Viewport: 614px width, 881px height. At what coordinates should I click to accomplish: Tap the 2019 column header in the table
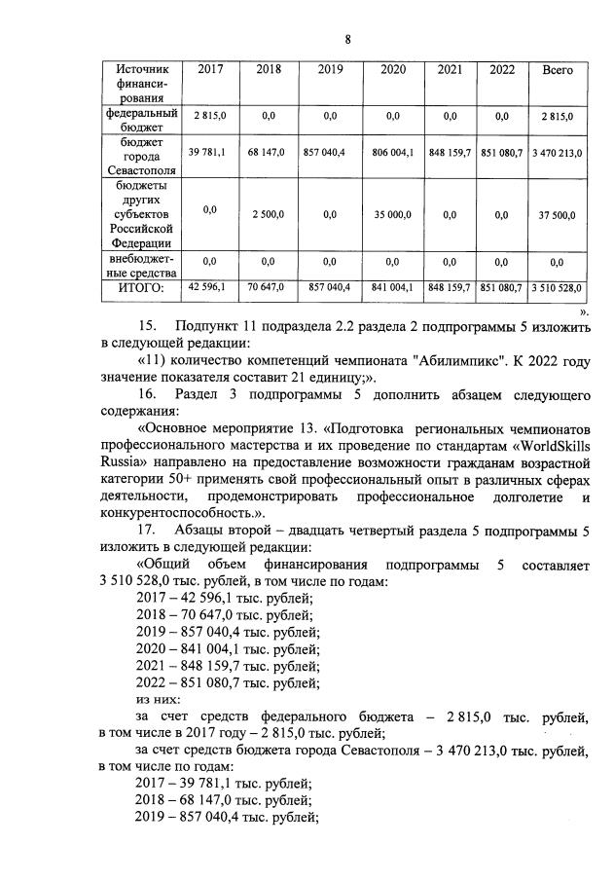[x=331, y=70]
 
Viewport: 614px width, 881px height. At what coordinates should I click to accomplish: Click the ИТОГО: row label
[x=142, y=287]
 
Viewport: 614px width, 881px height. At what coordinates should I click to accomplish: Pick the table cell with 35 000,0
[x=393, y=215]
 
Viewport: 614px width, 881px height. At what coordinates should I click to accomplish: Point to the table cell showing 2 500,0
[x=268, y=215]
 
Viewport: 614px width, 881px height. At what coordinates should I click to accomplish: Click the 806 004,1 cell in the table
[x=393, y=153]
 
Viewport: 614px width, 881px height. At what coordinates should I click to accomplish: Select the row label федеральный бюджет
[x=142, y=121]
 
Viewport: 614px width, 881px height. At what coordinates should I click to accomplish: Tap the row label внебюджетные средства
[x=142, y=267]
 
